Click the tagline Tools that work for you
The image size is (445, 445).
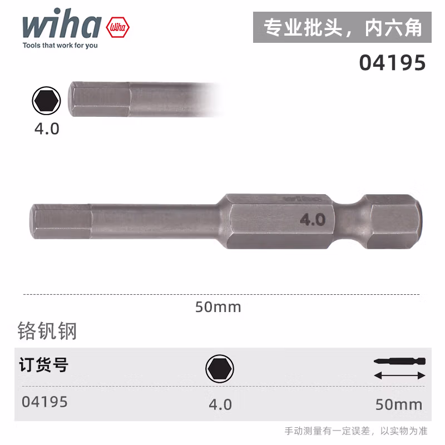coord(60,46)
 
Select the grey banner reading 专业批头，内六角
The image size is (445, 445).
coord(342,28)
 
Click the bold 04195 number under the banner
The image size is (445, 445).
coord(392,63)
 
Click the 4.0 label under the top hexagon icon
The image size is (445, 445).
coord(47,128)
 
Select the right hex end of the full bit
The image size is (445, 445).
coord(392,220)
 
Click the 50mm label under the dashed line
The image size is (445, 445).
coord(218,306)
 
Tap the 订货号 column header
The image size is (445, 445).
coord(44,365)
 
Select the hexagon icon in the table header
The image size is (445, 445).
coord(220,368)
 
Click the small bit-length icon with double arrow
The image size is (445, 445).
coord(399,368)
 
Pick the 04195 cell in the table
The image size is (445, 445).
coord(44,402)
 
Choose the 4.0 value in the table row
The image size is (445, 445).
coord(220,404)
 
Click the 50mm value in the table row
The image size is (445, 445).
coord(399,404)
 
